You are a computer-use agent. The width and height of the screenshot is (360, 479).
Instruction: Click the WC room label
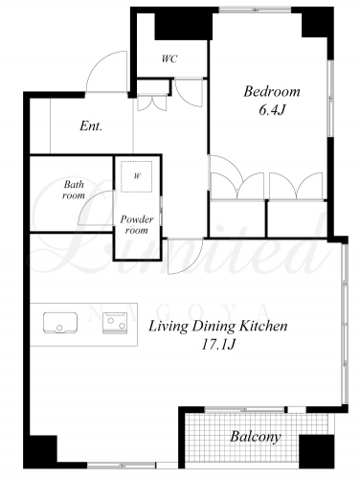(169, 59)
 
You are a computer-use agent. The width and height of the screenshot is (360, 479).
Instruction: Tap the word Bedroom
(272, 92)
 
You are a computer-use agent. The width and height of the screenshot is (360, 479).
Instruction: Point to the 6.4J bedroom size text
(271, 110)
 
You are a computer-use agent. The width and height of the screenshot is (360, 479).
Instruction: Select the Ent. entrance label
(91, 125)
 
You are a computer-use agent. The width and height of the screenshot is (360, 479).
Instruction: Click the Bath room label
(74, 190)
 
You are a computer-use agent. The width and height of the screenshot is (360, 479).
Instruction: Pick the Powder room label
(137, 224)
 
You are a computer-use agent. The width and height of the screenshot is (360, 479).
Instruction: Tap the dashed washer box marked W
(137, 176)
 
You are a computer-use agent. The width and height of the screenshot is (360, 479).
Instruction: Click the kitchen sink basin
(60, 323)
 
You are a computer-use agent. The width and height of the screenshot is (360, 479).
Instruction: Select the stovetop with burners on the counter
(115, 323)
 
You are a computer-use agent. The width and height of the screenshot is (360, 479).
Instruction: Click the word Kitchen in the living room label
(263, 326)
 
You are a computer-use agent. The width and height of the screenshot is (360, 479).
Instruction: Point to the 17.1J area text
(218, 344)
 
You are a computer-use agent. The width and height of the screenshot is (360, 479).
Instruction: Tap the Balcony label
(256, 437)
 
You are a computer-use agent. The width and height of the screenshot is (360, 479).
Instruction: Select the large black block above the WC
(184, 26)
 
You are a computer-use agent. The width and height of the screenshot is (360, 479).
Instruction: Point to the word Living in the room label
(169, 327)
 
